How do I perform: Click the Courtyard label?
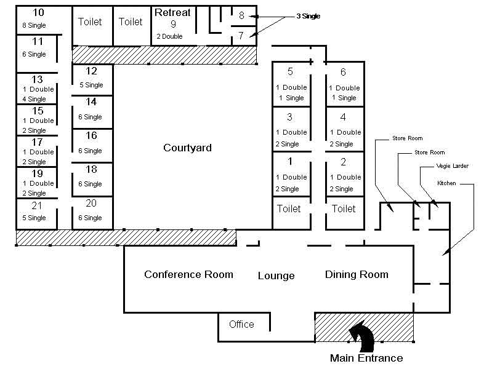click(187, 148)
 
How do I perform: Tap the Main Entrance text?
click(366, 358)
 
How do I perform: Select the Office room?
click(244, 327)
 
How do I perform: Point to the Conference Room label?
click(188, 274)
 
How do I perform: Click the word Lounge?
click(276, 276)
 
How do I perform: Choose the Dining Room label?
click(357, 274)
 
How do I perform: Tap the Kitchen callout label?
click(446, 183)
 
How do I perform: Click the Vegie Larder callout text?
click(452, 166)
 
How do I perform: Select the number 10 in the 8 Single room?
click(38, 12)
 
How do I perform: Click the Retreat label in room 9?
click(172, 12)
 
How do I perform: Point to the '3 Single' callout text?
click(308, 16)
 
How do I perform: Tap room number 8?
click(241, 15)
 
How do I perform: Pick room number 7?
click(241, 36)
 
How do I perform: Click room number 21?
click(37, 205)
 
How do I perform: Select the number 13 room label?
click(37, 79)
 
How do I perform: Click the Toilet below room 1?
click(289, 208)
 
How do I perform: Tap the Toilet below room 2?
click(344, 208)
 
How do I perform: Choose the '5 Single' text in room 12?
click(91, 85)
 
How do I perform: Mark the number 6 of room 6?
click(343, 72)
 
